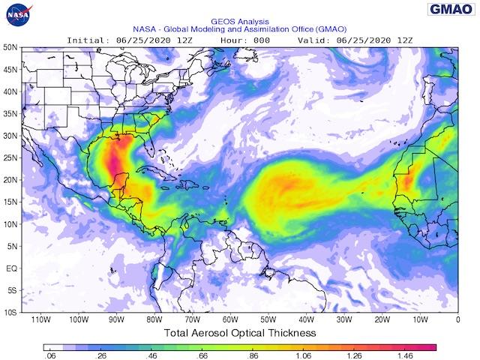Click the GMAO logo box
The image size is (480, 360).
point(450,9)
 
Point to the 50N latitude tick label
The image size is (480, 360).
point(10,46)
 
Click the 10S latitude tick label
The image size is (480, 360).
point(10,312)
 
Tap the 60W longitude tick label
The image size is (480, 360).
point(230,319)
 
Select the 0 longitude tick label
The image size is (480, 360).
point(457,319)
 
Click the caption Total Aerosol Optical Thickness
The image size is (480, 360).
point(239,332)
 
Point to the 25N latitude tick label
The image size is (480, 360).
point(10,157)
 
